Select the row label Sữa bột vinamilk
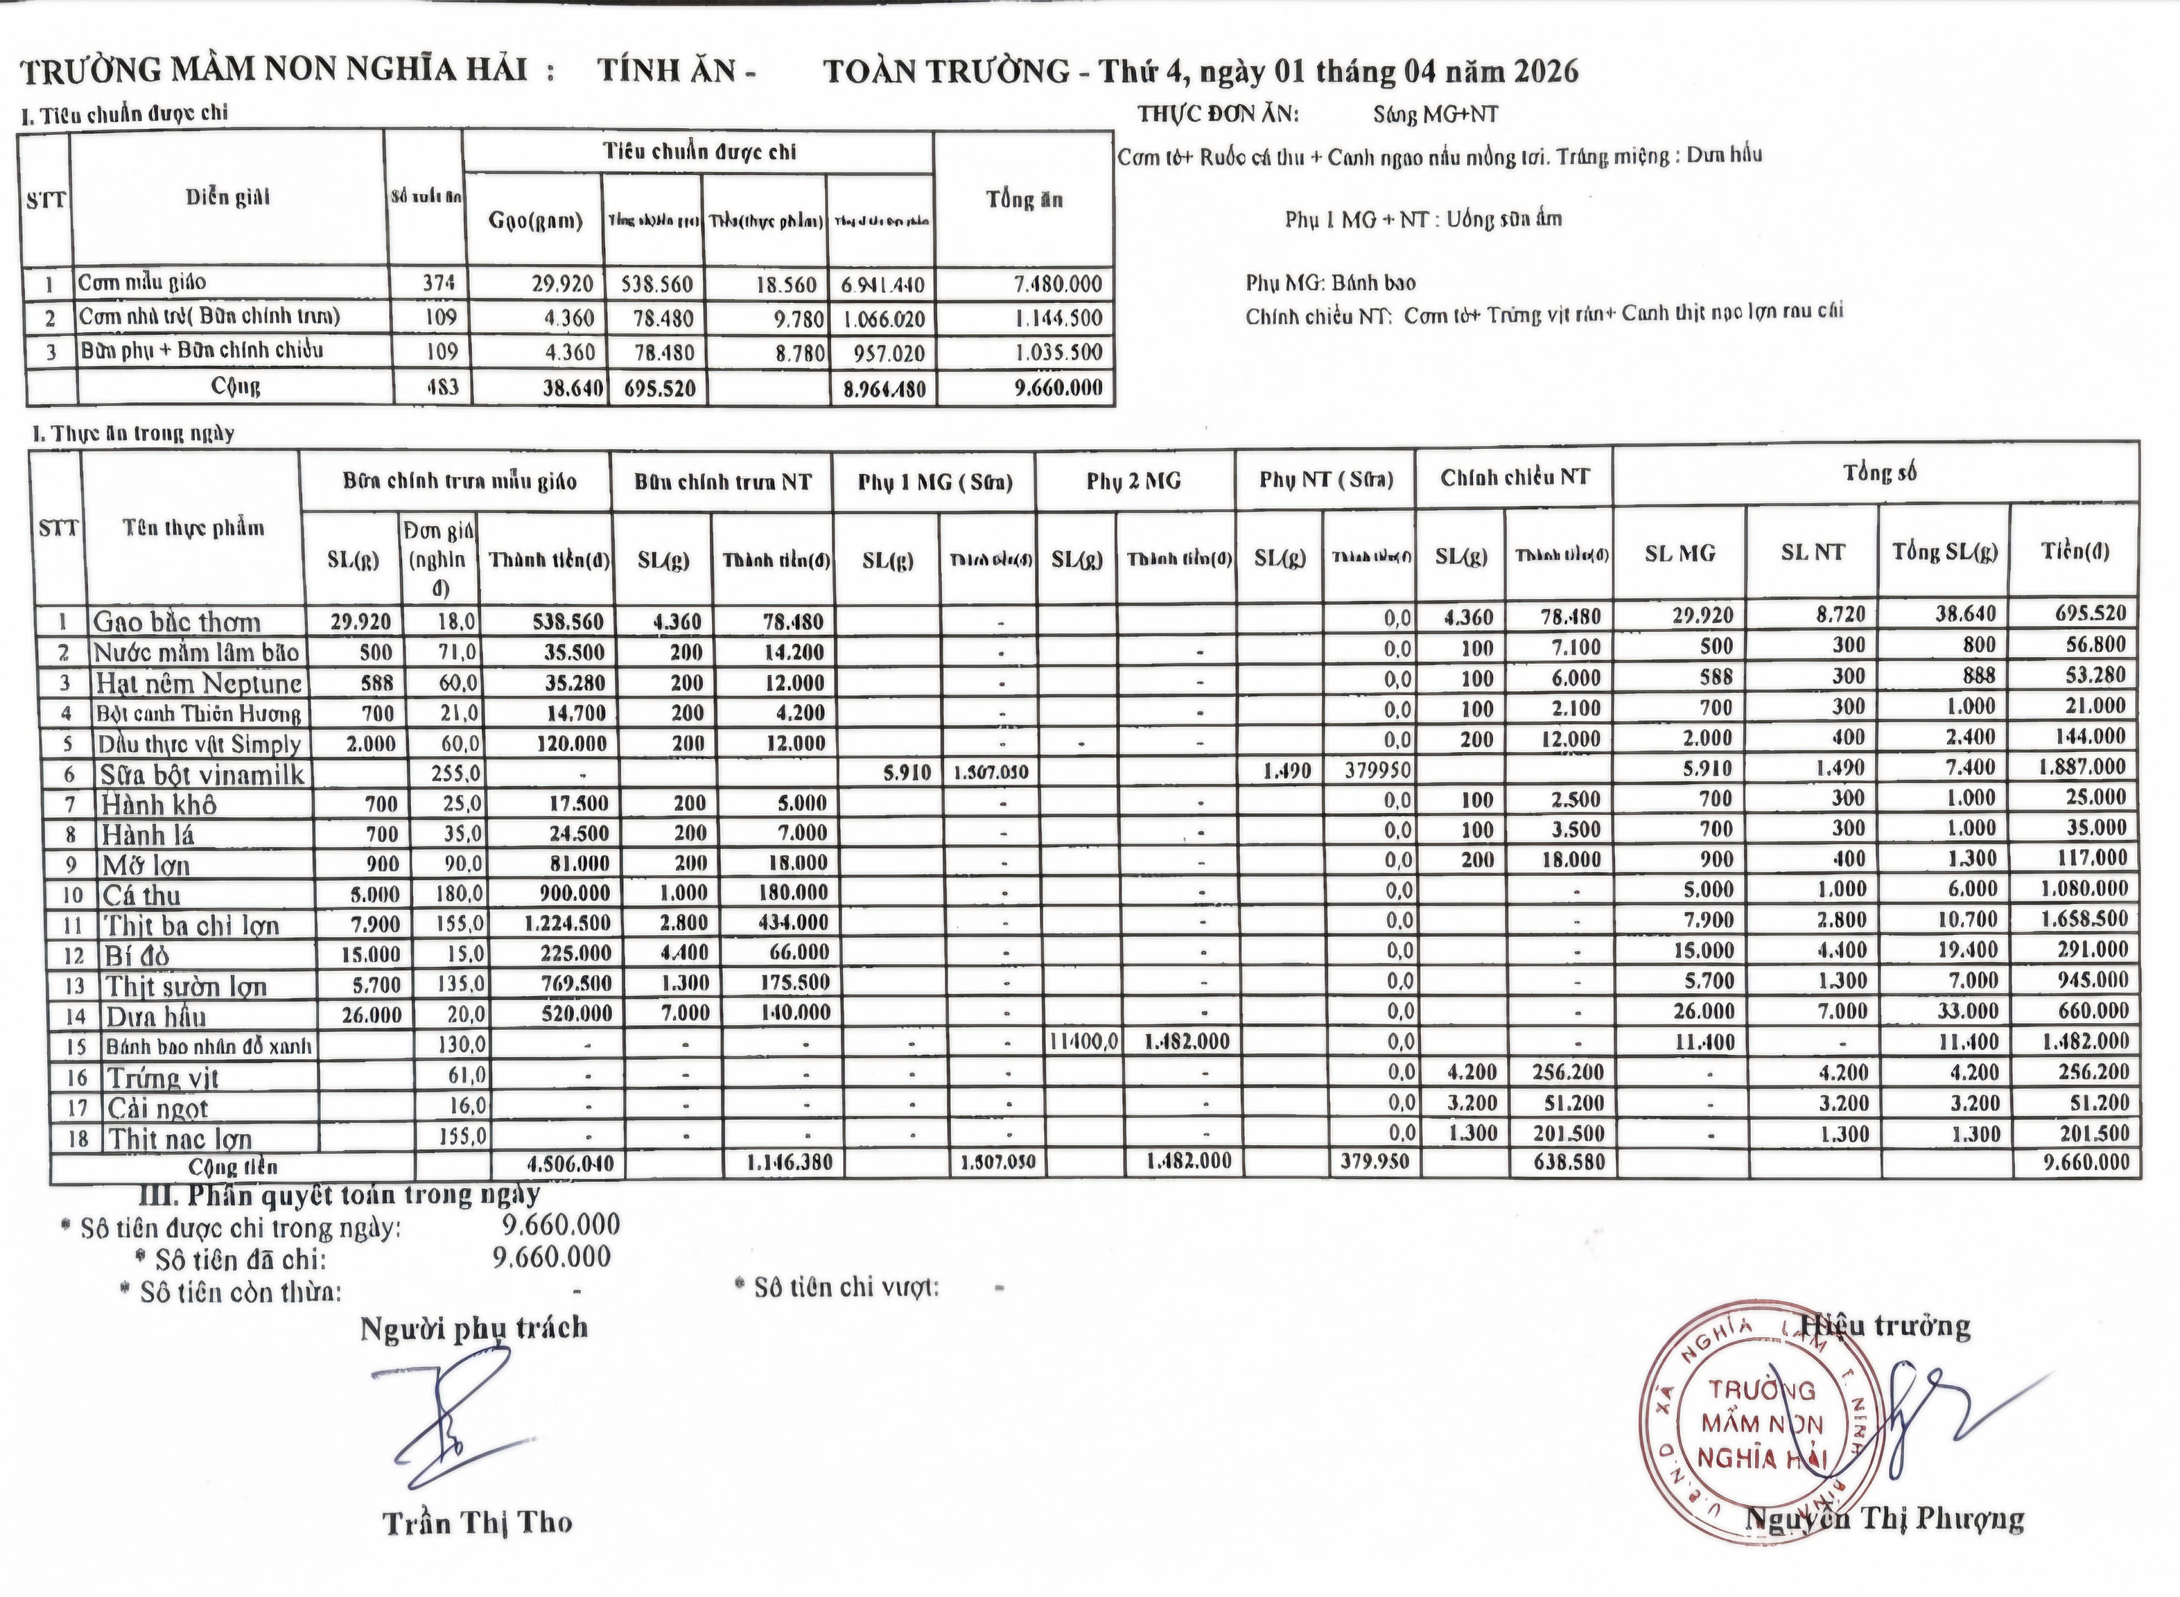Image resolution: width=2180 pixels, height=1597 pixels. [201, 774]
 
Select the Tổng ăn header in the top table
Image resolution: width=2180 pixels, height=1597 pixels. [1024, 200]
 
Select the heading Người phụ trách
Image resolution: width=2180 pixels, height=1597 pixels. [474, 1328]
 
